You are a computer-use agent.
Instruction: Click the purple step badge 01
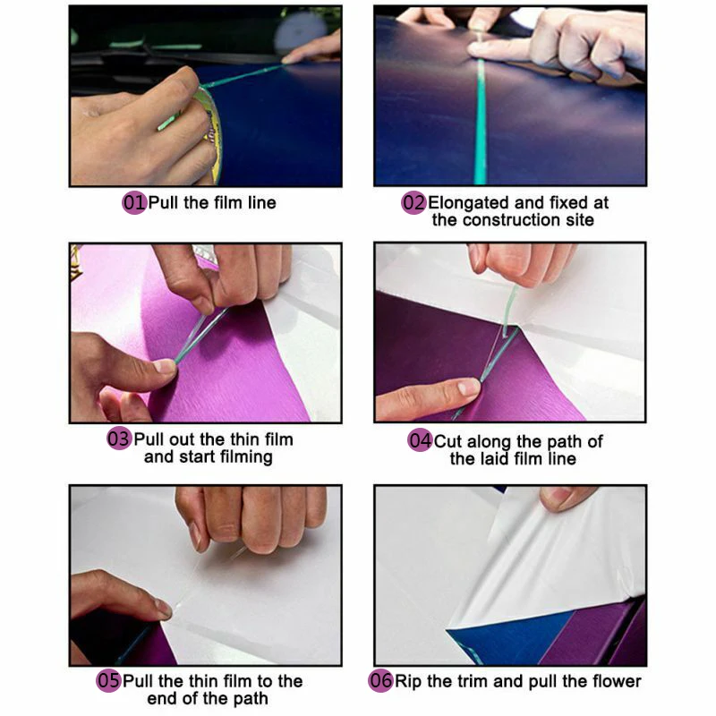(x=133, y=203)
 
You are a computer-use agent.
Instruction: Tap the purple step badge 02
(x=413, y=203)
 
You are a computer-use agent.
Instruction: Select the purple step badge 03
(x=119, y=440)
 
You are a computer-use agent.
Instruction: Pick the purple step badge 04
(x=420, y=441)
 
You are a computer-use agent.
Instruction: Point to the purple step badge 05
(x=108, y=681)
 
